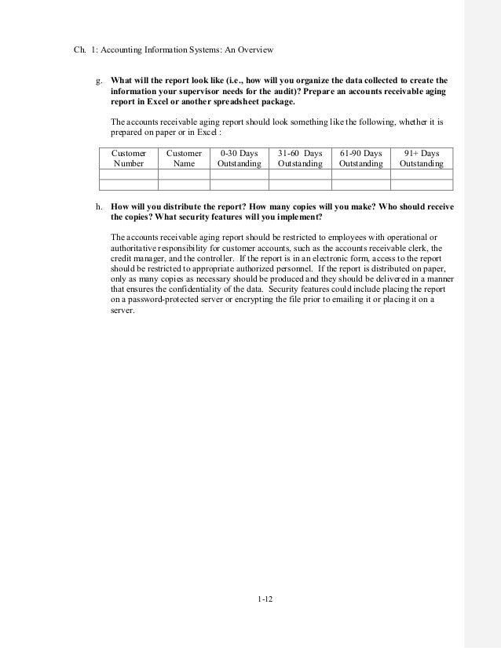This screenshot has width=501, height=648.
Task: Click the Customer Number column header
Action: click(x=129, y=158)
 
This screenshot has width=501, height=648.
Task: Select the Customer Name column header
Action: click(x=184, y=158)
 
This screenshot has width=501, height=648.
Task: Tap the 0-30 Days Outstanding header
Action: click(x=239, y=158)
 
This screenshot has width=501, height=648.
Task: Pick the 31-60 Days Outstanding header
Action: click(x=300, y=158)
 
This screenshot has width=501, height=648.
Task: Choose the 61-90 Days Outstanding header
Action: click(x=360, y=158)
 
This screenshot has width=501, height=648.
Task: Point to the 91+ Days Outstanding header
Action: click(x=421, y=158)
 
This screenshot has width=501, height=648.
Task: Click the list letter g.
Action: click(x=98, y=81)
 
